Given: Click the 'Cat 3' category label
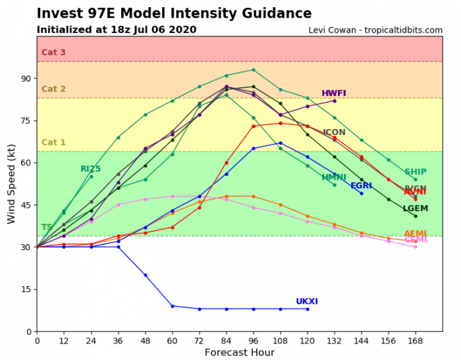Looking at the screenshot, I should tap(53, 53).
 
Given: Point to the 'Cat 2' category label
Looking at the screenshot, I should tap(53, 90).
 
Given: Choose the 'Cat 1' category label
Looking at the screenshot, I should tap(53, 143).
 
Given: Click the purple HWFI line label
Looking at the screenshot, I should tap(334, 93).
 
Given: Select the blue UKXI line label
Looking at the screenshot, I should tap(307, 301).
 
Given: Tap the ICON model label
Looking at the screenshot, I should tap(334, 132).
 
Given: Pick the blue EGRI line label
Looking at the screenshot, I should tap(361, 186).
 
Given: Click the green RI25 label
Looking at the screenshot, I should tap(90, 169).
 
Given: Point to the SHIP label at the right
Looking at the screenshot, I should tap(415, 172).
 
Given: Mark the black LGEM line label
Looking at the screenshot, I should tap(416, 209).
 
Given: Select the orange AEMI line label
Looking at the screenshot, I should tap(415, 234).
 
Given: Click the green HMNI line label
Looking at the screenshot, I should tap(334, 178).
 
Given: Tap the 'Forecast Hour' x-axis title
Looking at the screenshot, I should tap(239, 352).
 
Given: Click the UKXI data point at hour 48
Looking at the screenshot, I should tap(146, 275).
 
